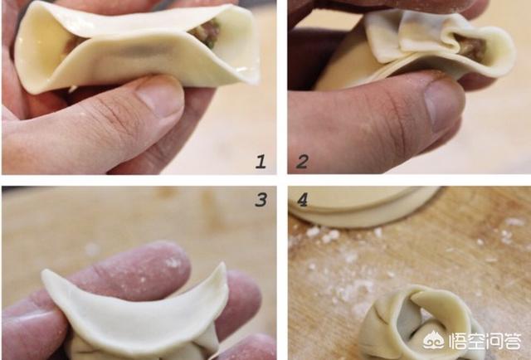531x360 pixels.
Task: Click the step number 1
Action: pyautogui.click(x=261, y=162)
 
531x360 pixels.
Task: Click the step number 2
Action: pyautogui.click(x=302, y=162)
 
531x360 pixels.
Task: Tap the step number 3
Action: pyautogui.click(x=261, y=200)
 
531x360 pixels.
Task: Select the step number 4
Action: pyautogui.click(x=302, y=200)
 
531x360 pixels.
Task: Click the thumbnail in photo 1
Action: pyautogui.click(x=159, y=100)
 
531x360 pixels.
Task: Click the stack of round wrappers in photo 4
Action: pyautogui.click(x=364, y=206)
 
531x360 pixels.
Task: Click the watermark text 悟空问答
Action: pyautogui.click(x=485, y=341)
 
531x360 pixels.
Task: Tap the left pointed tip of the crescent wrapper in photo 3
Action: pyautogui.click(x=44, y=272)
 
